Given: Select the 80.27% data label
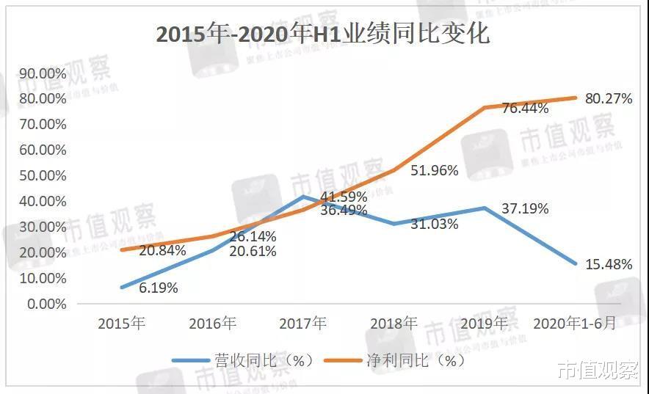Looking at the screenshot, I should tap(609, 98).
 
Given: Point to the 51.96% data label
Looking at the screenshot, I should tap(435, 170).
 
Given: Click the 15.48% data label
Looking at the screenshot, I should tap(609, 265).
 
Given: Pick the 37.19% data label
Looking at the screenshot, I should tap(525, 209).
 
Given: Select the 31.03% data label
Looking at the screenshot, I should tap(435, 224).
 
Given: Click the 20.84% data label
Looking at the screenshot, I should tap(162, 250).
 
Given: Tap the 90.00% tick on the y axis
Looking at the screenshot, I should tap(42, 73).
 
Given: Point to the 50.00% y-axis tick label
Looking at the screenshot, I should tap(42, 175).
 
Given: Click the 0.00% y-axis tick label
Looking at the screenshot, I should tap(45, 304).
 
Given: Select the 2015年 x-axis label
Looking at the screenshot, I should tap(122, 324).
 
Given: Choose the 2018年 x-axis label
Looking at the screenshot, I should tap(394, 324).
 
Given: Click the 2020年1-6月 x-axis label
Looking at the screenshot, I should tap(575, 324).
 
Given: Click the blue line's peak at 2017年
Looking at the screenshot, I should tap(303, 197).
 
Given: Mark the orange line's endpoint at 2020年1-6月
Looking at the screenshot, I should tap(576, 98).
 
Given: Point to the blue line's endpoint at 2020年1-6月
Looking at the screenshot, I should tap(576, 264).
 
